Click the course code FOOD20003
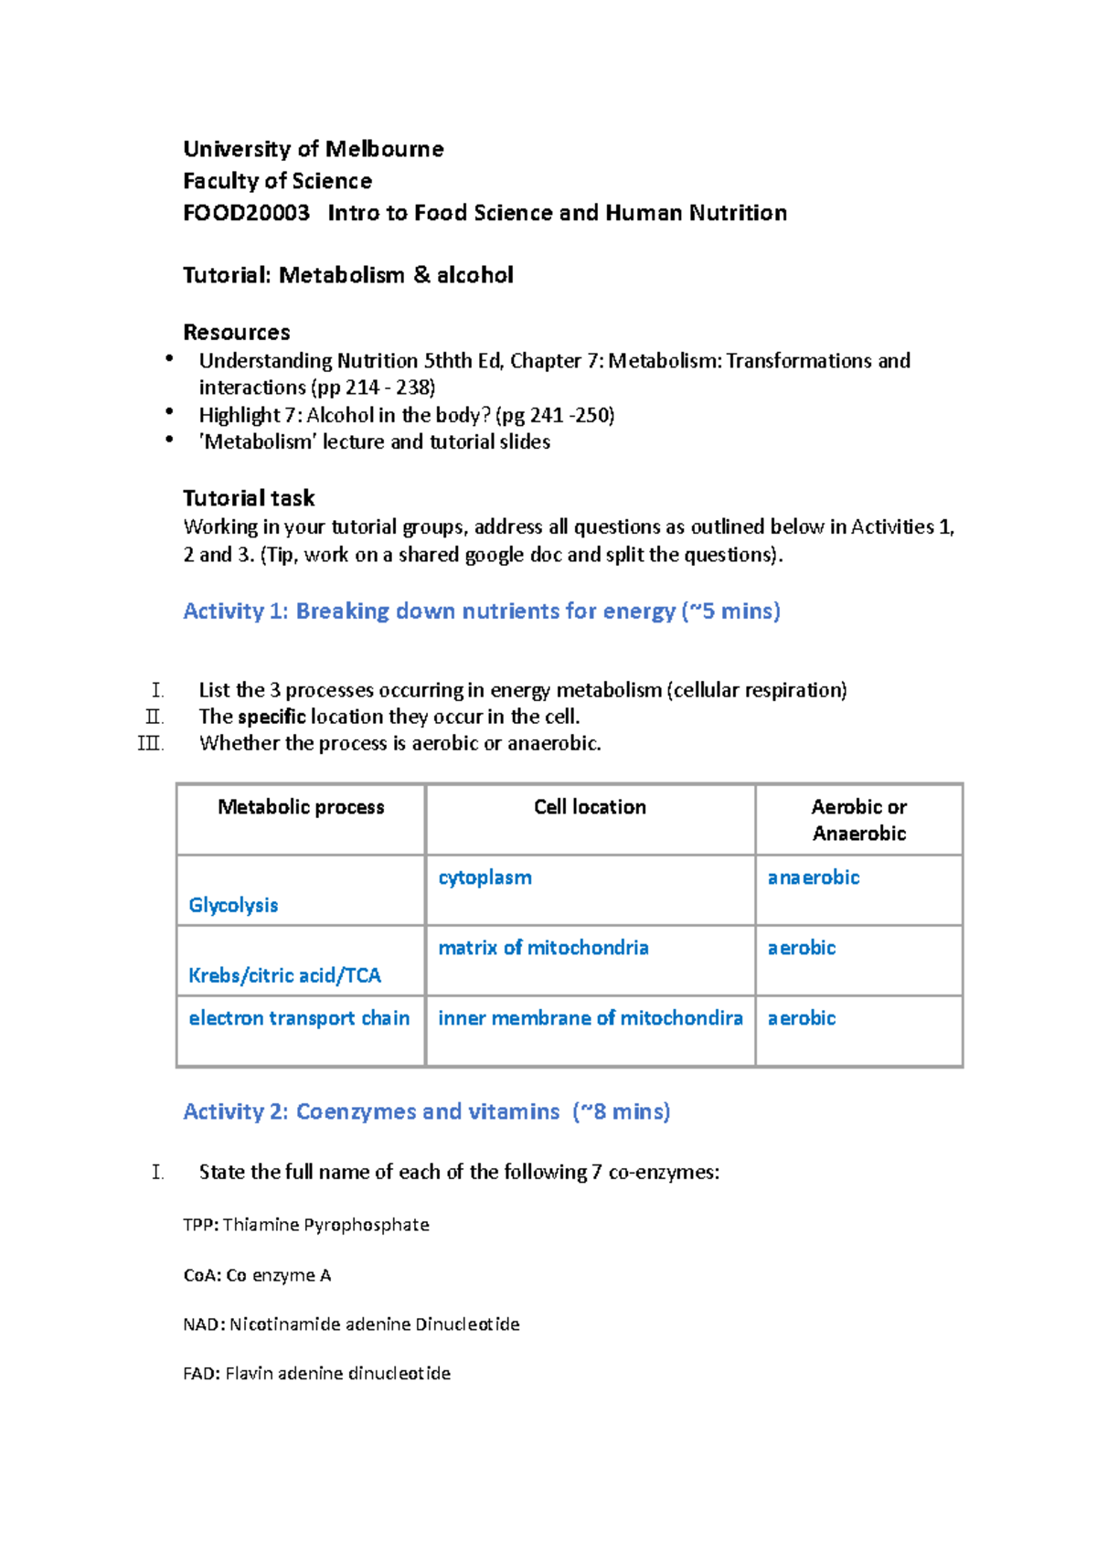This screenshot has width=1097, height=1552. [246, 213]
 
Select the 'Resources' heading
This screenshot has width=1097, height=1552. [236, 332]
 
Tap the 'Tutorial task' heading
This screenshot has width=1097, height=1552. [248, 498]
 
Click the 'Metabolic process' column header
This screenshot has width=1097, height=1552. [301, 807]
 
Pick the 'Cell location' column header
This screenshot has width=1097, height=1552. [590, 807]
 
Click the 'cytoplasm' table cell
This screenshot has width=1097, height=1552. [485, 877]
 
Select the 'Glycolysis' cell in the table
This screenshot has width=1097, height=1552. [233, 905]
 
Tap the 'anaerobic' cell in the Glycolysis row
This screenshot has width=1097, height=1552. [814, 877]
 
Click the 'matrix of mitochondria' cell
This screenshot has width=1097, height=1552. [543, 948]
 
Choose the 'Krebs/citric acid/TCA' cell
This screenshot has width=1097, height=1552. [284, 975]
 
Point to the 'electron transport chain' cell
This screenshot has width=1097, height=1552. [299, 1018]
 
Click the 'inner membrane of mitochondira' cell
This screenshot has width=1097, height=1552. [590, 1018]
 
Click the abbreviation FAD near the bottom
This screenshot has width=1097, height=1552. [199, 1374]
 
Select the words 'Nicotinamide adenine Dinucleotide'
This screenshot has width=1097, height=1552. [374, 1324]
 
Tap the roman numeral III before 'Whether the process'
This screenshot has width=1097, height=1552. [150, 743]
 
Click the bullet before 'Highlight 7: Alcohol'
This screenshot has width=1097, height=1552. [169, 413]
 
